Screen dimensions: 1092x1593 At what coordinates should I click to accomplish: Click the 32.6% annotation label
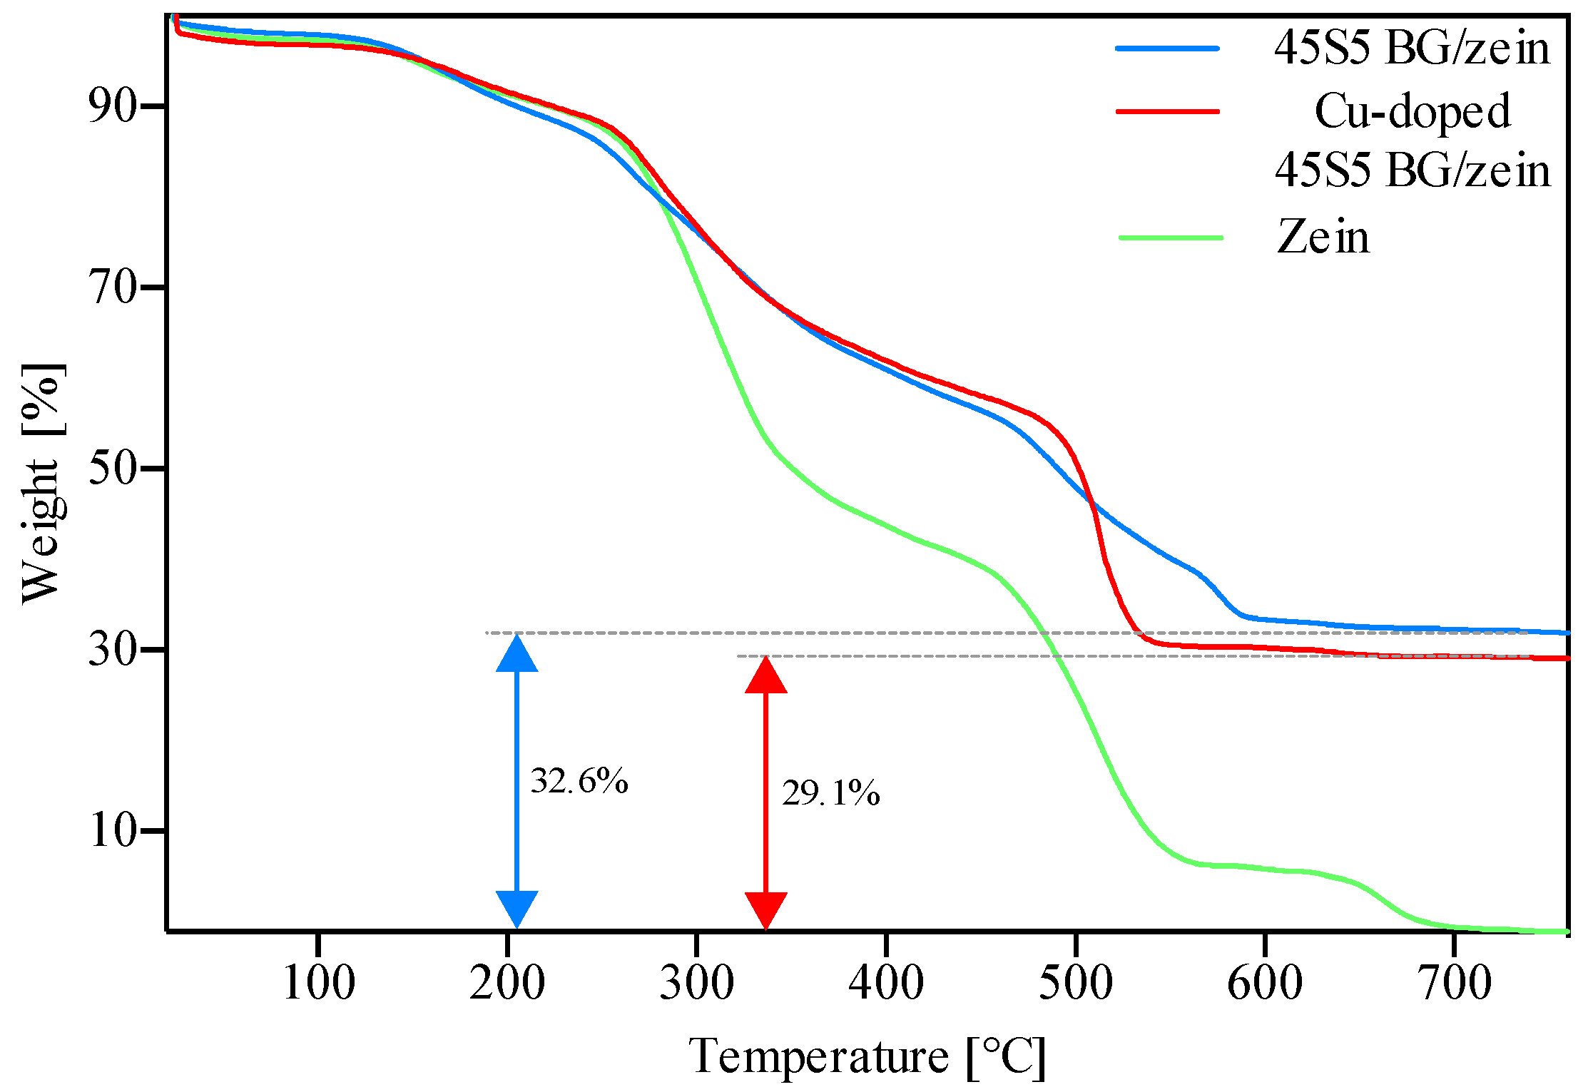(x=579, y=781)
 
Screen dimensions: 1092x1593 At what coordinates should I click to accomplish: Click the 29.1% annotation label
(x=830, y=793)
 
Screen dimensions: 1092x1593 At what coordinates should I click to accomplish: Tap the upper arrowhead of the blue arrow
(x=516, y=654)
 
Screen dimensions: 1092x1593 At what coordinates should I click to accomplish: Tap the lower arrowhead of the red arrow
(x=765, y=910)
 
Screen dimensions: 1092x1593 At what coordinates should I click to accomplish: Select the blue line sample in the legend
(x=1168, y=49)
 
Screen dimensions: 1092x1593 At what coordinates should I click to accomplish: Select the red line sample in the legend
(x=1168, y=111)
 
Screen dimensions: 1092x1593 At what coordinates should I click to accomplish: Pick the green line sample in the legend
(x=1171, y=237)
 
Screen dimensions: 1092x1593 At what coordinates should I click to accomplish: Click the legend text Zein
(x=1323, y=237)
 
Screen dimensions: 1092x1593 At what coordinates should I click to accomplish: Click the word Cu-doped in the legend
(x=1412, y=111)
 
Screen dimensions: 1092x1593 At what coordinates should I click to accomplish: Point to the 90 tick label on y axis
(x=112, y=107)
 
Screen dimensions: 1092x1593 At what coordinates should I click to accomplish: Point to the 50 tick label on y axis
(x=112, y=469)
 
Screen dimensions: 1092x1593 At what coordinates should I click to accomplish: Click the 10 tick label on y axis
(x=112, y=831)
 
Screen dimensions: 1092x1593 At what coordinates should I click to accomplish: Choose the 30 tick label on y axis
(x=112, y=650)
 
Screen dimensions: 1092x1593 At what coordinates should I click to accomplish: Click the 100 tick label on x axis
(x=319, y=983)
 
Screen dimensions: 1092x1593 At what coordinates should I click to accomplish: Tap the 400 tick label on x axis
(x=886, y=983)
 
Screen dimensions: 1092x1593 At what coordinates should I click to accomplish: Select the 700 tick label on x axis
(x=1454, y=983)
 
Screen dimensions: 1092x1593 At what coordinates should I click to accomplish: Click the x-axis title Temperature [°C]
(x=867, y=1056)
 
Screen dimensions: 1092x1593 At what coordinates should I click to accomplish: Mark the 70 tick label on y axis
(x=112, y=288)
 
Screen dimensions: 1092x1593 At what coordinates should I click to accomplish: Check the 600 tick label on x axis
(x=1265, y=983)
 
